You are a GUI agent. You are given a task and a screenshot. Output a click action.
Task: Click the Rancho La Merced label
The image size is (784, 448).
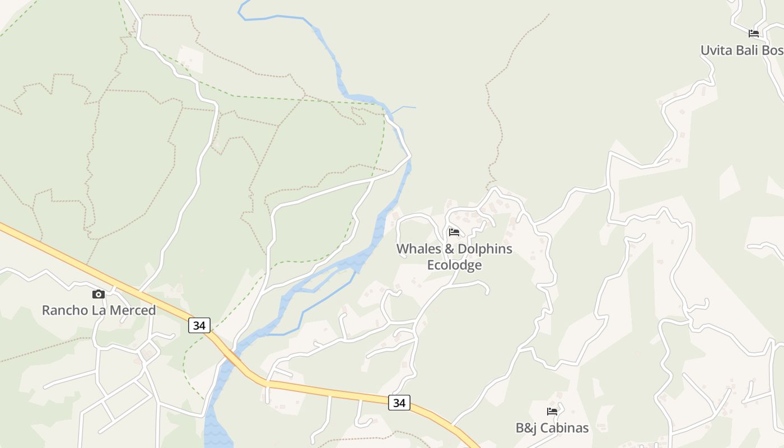click(99, 310)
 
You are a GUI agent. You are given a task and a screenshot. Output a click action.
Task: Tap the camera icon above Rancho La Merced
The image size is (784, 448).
click(99, 294)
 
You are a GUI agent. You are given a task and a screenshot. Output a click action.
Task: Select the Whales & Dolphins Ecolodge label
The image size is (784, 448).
click(454, 256)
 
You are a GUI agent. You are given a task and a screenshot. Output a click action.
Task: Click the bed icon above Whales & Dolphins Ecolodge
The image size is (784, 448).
click(454, 232)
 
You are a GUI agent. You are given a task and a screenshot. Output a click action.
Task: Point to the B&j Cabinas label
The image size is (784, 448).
click(552, 428)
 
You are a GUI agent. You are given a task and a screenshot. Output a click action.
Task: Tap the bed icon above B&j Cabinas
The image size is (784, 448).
click(552, 412)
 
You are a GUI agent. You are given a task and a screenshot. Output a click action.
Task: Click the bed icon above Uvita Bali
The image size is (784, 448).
click(754, 34)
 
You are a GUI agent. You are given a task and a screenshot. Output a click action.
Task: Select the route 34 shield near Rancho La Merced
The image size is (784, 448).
click(199, 325)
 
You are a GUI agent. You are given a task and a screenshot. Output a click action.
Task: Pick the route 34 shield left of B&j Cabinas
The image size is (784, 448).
click(399, 402)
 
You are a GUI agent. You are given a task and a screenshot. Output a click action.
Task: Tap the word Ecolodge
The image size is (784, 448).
click(454, 265)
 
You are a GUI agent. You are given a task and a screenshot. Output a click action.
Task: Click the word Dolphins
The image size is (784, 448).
click(485, 249)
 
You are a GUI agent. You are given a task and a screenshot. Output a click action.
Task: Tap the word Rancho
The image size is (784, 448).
click(63, 310)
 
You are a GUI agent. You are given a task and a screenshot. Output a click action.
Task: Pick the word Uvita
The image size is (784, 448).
click(716, 50)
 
